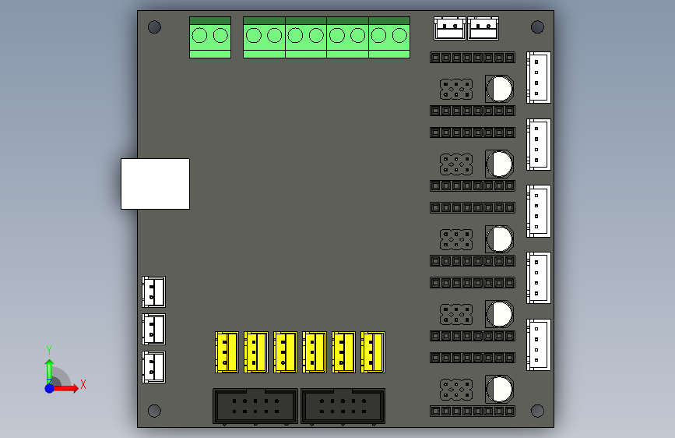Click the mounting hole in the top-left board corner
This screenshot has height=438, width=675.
pyautogui.click(x=154, y=27)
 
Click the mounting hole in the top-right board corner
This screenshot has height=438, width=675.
pyautogui.click(x=538, y=27)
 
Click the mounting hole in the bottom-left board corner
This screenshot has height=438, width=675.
pyautogui.click(x=154, y=411)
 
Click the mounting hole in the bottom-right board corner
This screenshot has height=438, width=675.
pyautogui.click(x=538, y=411)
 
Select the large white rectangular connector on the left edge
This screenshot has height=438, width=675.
pyautogui.click(x=155, y=184)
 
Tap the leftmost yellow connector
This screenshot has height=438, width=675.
pyautogui.click(x=226, y=352)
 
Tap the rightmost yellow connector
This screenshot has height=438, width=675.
pyautogui.click(x=372, y=352)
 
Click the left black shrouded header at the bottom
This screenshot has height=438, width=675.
pyautogui.click(x=255, y=406)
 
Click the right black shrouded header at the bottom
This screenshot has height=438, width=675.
pyautogui.click(x=343, y=406)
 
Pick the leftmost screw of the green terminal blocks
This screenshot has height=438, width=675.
pyautogui.click(x=200, y=35)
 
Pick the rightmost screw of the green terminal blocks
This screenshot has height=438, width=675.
pyautogui.click(x=400, y=35)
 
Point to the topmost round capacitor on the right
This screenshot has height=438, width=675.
pyautogui.click(x=499, y=88)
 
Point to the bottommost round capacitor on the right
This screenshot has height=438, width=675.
pyautogui.click(x=499, y=389)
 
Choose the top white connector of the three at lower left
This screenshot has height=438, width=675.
pyautogui.click(x=153, y=291)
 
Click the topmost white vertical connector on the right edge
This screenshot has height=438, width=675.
pyautogui.click(x=539, y=77)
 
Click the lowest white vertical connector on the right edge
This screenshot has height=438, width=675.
pyautogui.click(x=539, y=344)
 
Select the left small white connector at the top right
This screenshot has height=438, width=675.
pyautogui.click(x=449, y=29)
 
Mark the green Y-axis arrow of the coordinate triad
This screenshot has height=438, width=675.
pyautogui.click(x=49, y=366)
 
